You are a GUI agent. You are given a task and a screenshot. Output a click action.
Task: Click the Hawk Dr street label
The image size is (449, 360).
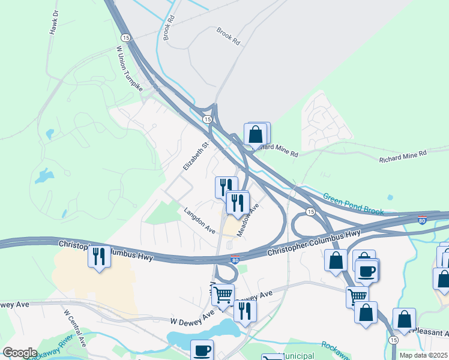pyautogui.click(x=53, y=22)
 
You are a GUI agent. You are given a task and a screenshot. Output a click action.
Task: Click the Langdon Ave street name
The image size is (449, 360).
pyautogui.click(x=199, y=221)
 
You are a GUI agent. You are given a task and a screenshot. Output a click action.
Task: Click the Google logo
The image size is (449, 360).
pyautogui.click(x=20, y=353)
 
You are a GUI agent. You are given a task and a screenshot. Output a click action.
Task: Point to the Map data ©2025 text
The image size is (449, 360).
pyautogui.click(x=423, y=355)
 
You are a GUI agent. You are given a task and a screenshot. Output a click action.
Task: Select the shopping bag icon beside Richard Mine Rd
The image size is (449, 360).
pyautogui.click(x=256, y=134)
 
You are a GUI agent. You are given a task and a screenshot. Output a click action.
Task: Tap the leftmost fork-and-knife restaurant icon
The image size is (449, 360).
pyautogui.click(x=98, y=256)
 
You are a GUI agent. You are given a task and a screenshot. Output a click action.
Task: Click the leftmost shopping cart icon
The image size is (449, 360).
pyautogui.click(x=222, y=295)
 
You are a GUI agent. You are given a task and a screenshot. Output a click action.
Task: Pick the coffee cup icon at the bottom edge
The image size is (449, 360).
pyautogui.click(x=202, y=350)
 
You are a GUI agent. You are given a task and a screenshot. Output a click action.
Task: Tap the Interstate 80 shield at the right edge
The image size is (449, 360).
pyautogui.click(x=423, y=220)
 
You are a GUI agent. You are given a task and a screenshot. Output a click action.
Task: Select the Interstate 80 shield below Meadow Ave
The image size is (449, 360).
pyautogui.click(x=236, y=260)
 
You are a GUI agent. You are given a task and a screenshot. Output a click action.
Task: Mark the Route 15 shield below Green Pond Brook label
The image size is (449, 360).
pyautogui.click(x=310, y=212)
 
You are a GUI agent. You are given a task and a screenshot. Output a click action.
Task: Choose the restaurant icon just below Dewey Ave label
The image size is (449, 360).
pyautogui.click(x=245, y=310)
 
